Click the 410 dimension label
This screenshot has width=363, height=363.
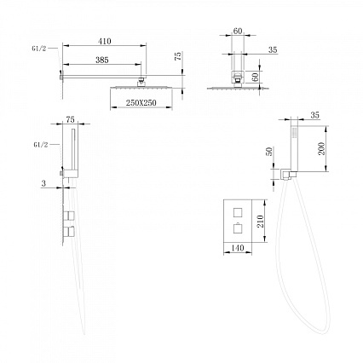(105, 41)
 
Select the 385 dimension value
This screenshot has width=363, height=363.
(102, 60)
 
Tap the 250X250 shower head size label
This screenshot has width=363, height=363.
(141, 103)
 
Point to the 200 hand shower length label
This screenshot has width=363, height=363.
(321, 148)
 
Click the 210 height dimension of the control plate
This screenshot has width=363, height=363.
(260, 222)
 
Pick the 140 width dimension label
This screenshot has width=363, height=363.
(238, 248)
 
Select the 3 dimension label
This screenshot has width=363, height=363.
(43, 183)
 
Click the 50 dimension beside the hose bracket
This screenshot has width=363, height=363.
(268, 152)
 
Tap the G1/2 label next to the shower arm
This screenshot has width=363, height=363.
(38, 49)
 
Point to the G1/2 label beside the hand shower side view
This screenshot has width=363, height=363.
(41, 145)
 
